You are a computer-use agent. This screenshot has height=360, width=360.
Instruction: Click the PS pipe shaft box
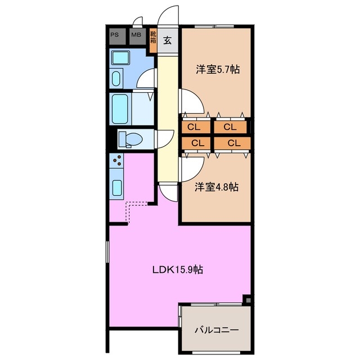[x=118, y=36]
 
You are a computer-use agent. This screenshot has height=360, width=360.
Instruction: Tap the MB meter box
[x=137, y=36]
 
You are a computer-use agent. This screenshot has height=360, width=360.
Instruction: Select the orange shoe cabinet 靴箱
[x=153, y=40]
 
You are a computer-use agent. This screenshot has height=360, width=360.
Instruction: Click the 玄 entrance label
[x=168, y=40]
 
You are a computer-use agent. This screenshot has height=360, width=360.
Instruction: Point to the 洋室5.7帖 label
[x=218, y=69]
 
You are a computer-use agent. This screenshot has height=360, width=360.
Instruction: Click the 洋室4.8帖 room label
[x=217, y=187]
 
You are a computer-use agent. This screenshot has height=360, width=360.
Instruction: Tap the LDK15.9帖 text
[x=178, y=269]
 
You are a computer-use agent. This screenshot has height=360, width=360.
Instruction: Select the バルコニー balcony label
[x=217, y=330]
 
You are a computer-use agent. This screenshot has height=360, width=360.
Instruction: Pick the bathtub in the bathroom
[x=120, y=109]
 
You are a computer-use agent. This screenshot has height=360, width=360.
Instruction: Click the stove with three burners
[x=116, y=160]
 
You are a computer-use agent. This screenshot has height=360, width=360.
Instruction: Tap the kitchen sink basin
[x=117, y=187]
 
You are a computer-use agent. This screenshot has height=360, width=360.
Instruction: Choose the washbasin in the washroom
[x=116, y=78]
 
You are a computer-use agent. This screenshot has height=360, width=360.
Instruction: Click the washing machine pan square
[x=120, y=58]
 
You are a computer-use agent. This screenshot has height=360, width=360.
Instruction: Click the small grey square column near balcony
[x=248, y=300]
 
